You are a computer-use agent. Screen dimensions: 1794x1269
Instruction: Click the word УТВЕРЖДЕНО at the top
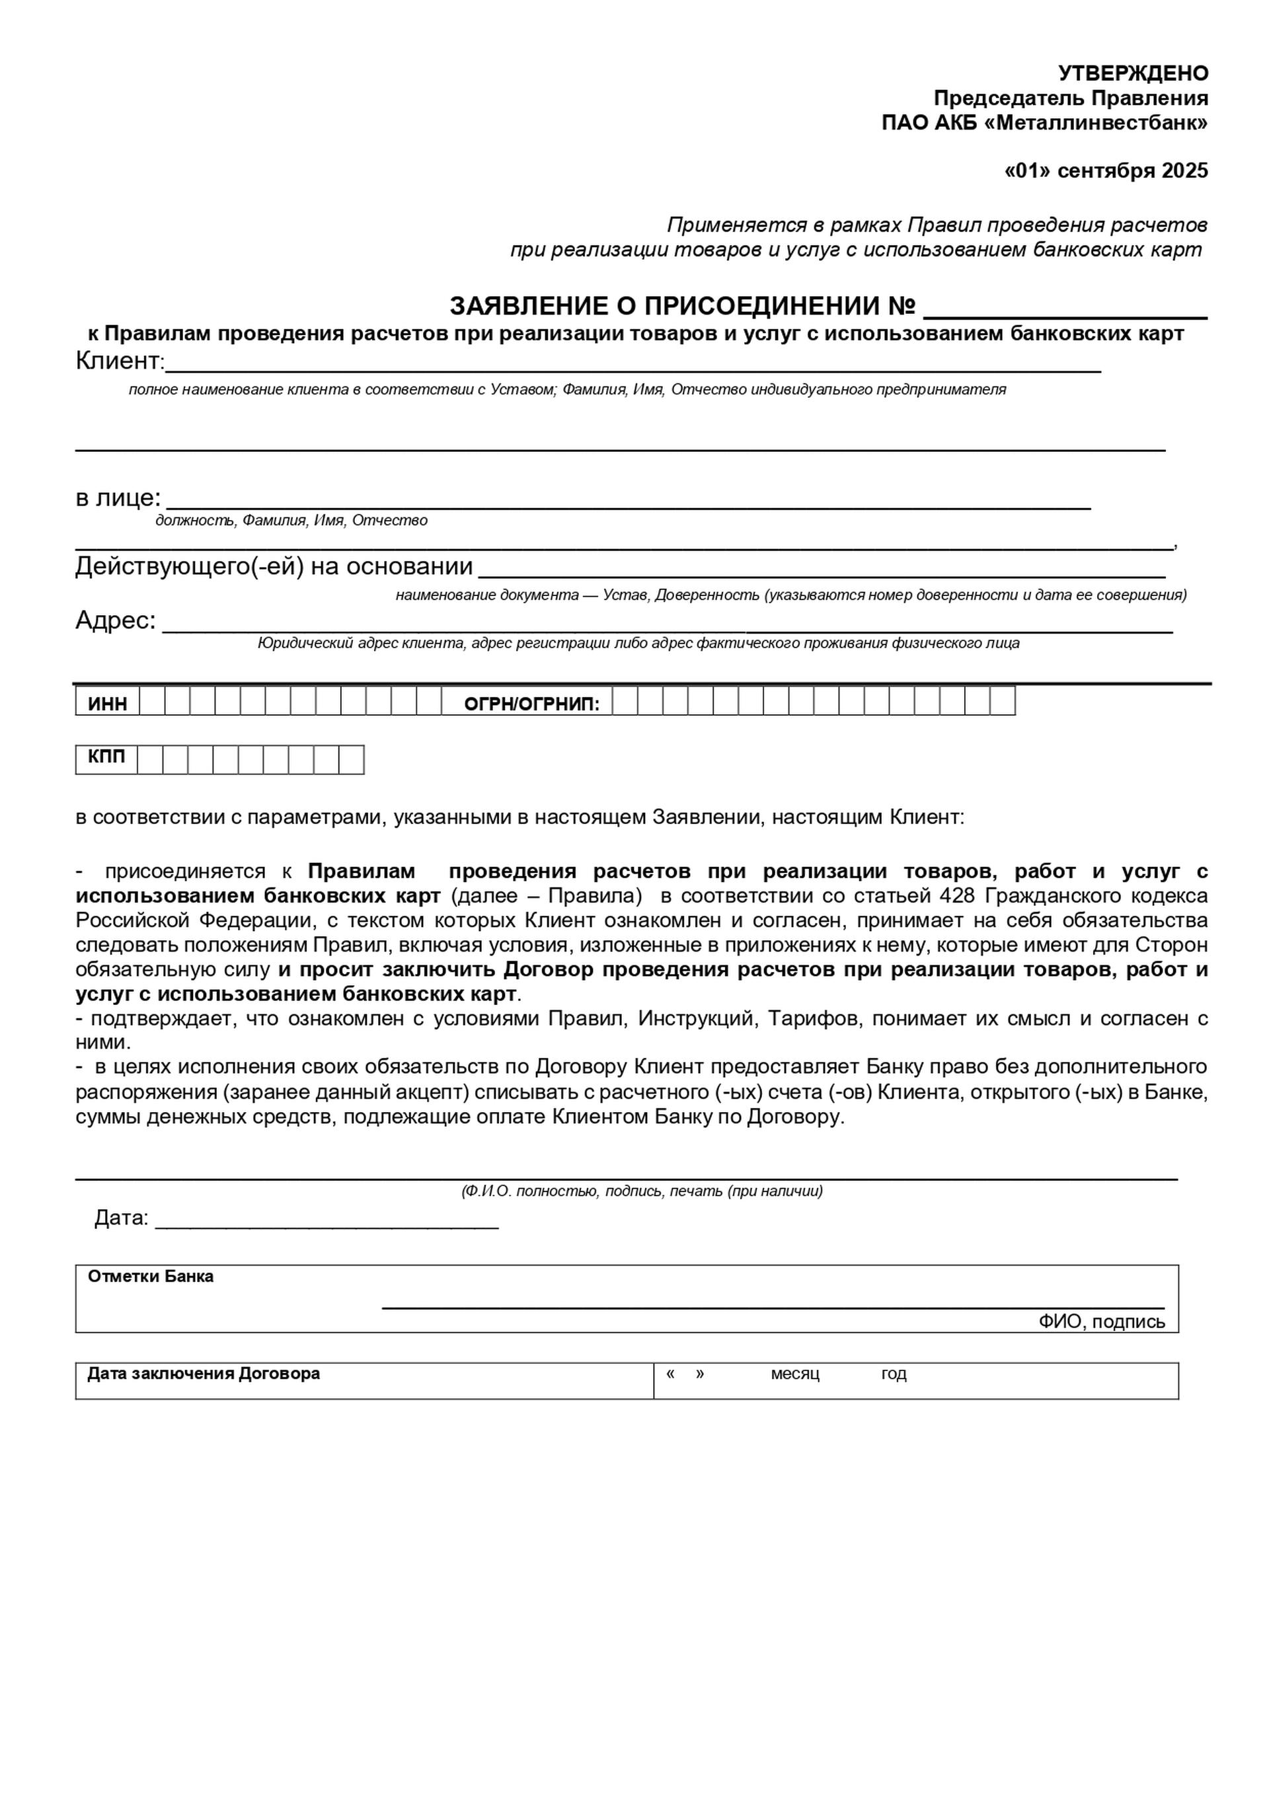tap(1133, 73)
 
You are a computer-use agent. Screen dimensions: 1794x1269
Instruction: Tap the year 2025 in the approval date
tap(1184, 171)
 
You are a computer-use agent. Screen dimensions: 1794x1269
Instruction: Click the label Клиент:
tap(120, 361)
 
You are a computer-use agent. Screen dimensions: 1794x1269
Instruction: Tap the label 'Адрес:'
tap(116, 620)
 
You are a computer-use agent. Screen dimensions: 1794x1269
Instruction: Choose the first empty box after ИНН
tap(153, 702)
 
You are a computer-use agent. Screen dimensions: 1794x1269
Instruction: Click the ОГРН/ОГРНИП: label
tap(531, 705)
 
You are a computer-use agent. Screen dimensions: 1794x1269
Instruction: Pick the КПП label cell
tap(106, 758)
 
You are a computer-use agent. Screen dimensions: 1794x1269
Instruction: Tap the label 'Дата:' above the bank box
tap(121, 1218)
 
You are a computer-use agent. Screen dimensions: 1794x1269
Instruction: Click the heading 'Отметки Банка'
tap(151, 1277)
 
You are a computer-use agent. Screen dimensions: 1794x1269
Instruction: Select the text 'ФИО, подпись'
tap(1101, 1322)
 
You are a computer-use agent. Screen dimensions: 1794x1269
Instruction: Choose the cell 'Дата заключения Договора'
tap(204, 1374)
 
